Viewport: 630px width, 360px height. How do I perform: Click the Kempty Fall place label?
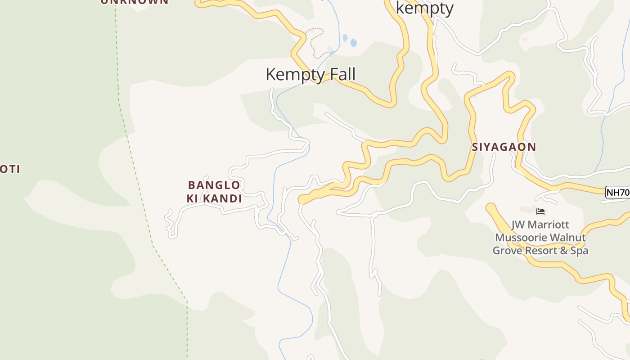point(310,74)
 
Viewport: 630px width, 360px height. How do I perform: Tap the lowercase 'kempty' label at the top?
point(424,8)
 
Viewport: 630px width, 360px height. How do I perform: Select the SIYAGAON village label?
point(504,147)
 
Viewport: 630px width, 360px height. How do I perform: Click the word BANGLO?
point(214,185)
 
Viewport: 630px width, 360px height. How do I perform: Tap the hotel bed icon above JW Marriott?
point(540,211)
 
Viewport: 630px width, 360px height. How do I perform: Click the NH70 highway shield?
point(617,192)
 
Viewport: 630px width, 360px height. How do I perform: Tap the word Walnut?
point(570,238)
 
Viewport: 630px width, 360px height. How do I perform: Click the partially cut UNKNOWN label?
point(134,2)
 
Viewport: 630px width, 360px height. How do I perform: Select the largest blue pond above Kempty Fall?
point(353,43)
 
